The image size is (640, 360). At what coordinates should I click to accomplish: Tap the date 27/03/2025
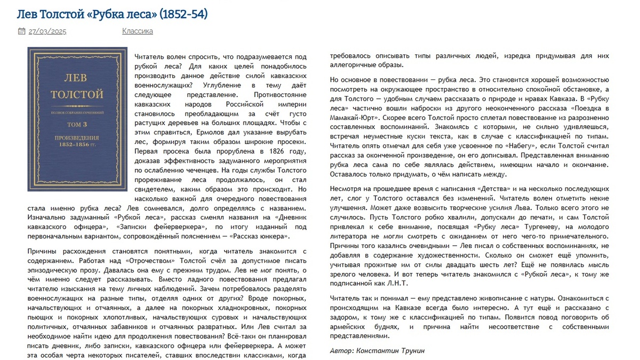47,31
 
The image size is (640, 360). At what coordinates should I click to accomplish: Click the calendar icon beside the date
21,31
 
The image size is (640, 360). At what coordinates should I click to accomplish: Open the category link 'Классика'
137,31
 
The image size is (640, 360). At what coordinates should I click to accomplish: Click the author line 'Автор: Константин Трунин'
377,351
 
